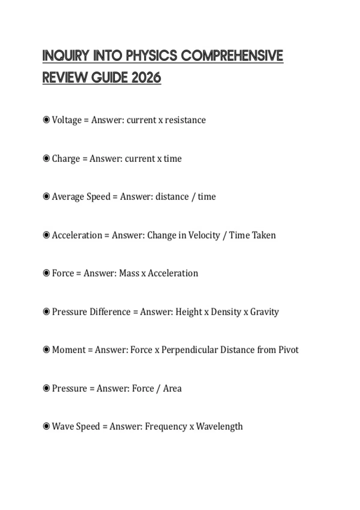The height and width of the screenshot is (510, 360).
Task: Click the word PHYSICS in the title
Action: (151, 56)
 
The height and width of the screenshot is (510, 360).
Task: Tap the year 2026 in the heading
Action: (146, 78)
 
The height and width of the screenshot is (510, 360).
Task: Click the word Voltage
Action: (67, 120)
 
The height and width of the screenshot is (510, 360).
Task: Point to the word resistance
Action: (185, 120)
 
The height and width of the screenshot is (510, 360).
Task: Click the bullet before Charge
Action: (46, 158)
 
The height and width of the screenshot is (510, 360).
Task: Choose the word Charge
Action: (66, 158)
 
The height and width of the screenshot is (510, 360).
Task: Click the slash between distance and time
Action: (193, 197)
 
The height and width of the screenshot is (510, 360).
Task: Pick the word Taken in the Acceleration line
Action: (264, 235)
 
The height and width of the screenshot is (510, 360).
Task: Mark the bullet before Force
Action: (46, 273)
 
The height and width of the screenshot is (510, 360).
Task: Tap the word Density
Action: (226, 312)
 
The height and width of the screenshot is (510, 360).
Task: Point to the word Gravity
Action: (264, 312)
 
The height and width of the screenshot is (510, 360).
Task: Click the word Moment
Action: (69, 350)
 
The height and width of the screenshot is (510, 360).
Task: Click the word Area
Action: (172, 388)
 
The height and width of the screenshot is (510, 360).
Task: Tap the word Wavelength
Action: (219, 426)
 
